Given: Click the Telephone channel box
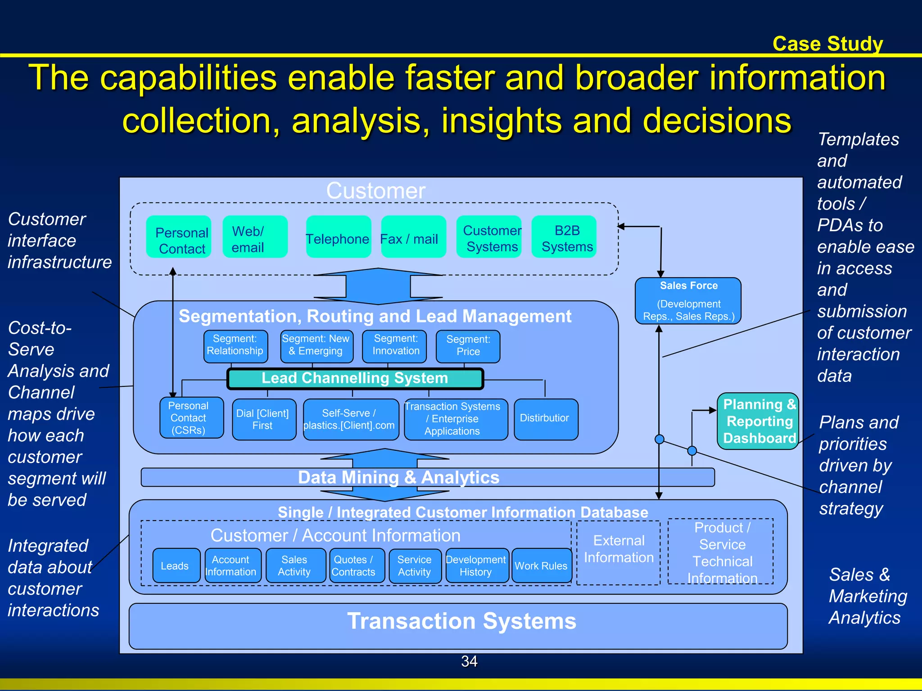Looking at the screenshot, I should [338, 237].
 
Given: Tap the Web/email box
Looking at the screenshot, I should [255, 237].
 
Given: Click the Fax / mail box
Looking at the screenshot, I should [413, 237].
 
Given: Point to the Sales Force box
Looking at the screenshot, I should [688, 301].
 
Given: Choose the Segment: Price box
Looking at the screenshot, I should [468, 346].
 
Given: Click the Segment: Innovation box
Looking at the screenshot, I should [394, 346].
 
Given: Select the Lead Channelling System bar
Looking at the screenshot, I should [355, 379].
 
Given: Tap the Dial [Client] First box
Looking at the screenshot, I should [264, 419].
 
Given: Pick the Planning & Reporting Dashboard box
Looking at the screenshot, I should [758, 421].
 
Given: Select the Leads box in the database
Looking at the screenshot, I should [176, 565].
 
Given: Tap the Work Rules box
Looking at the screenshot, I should [542, 565].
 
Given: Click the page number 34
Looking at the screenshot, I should [469, 661].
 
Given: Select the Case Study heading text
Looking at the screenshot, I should [827, 44].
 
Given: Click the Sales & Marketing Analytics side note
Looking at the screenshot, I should [867, 596].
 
